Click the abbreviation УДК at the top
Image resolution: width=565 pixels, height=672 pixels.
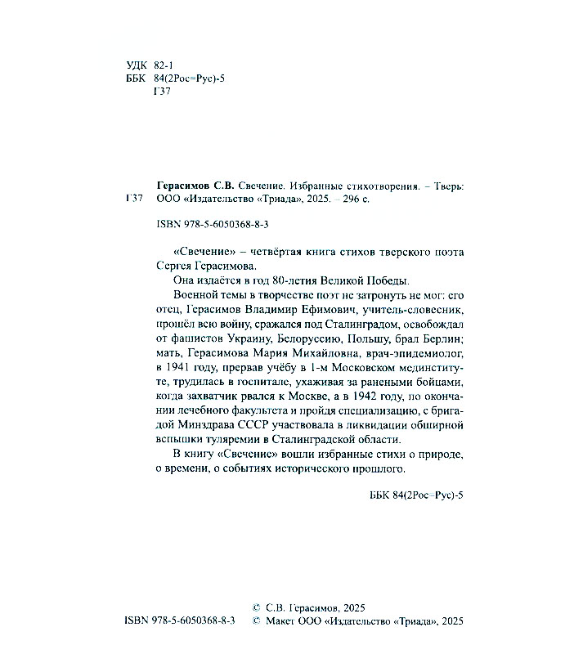coord(138,65)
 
